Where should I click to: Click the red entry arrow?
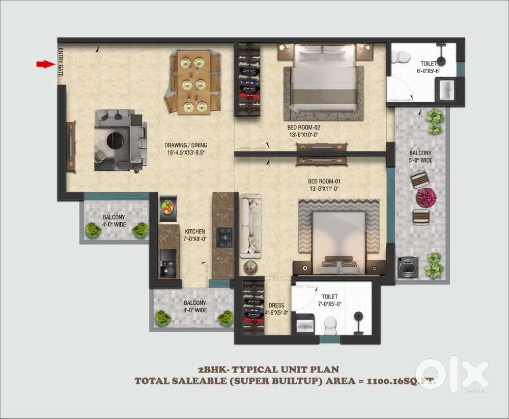[x=46, y=64]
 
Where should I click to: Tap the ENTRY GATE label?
[x=61, y=63]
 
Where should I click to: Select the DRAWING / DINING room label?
[x=186, y=149]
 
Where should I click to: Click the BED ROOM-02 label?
[x=303, y=131]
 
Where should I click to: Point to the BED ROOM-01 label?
[x=324, y=185]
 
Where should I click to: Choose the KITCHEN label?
[x=195, y=235]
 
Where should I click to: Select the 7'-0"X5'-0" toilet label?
[x=329, y=301]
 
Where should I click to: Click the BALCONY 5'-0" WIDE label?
[x=420, y=156]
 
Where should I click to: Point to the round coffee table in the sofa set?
[x=115, y=140]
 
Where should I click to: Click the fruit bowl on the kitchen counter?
[x=167, y=207]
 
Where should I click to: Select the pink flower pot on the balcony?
[x=426, y=197]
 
